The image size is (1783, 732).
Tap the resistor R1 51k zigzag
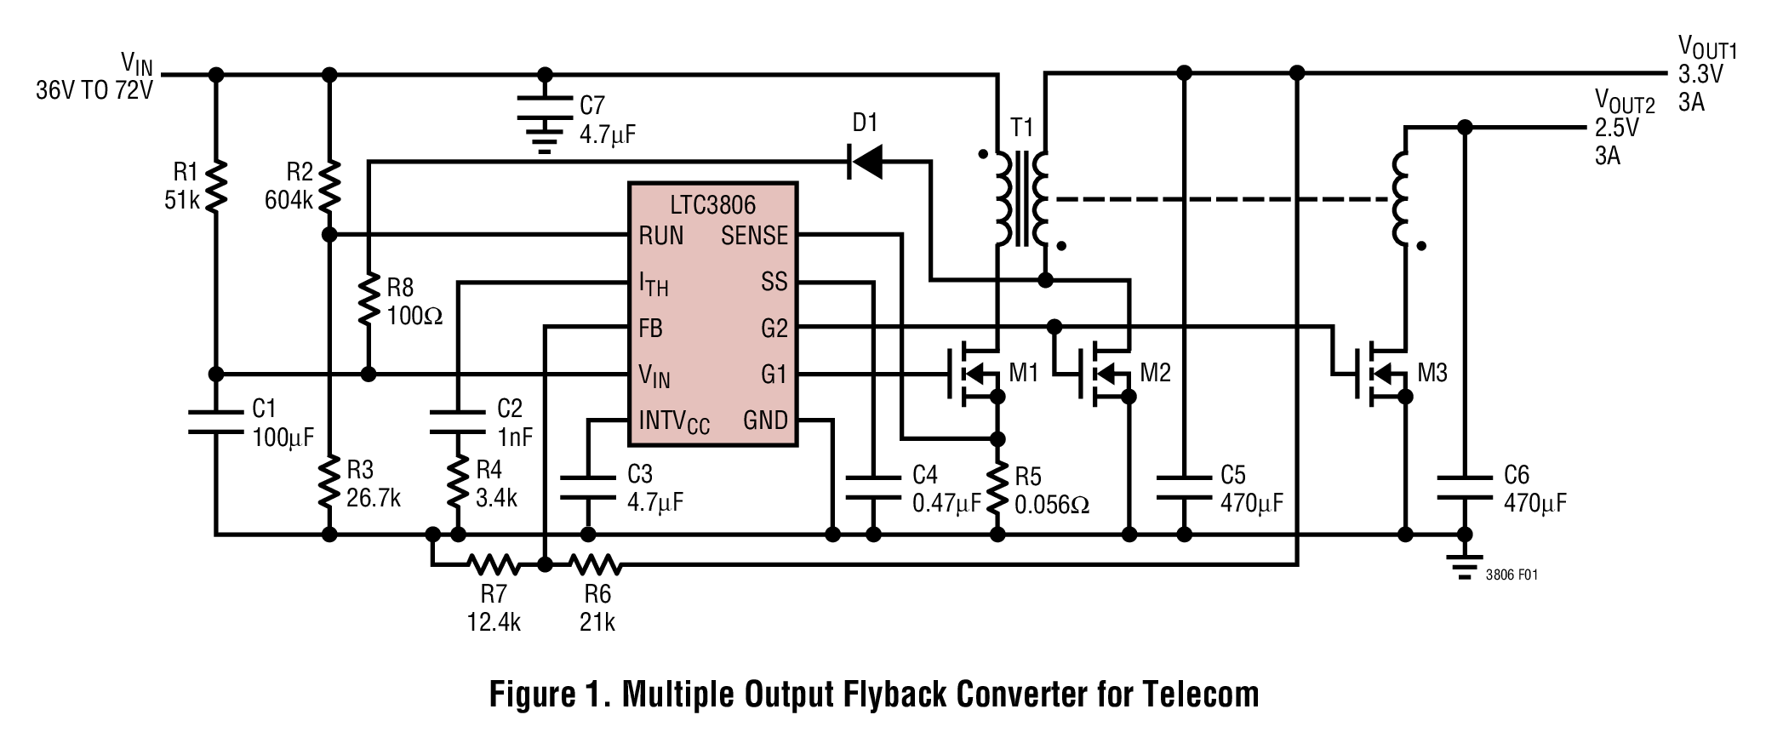pos(216,186)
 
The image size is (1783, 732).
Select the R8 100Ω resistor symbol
pos(368,299)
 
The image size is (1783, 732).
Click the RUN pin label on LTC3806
pos(661,236)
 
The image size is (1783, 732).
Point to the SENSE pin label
pos(754,236)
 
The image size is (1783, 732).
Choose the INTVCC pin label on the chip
pos(674,421)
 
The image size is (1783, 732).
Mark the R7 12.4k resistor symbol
pos(493,563)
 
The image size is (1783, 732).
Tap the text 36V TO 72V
pos(94,90)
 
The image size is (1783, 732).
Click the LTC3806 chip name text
pos(712,204)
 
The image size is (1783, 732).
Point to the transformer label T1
pos(1021,128)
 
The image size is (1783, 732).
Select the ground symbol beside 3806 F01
pos(1464,567)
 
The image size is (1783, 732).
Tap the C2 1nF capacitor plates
pos(458,422)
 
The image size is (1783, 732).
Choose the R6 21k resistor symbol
pos(595,563)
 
